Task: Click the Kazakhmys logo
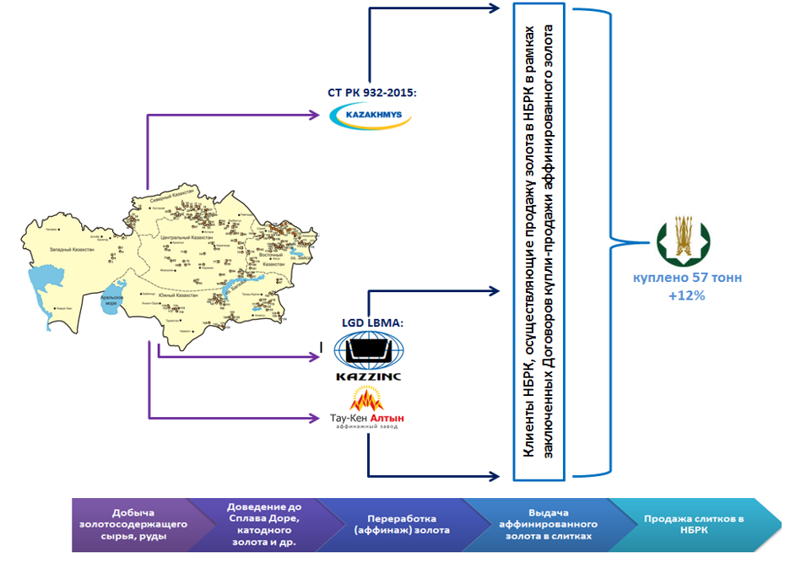370,116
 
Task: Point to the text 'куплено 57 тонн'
682,279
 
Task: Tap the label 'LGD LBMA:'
369,323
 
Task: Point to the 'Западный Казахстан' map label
71,251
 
